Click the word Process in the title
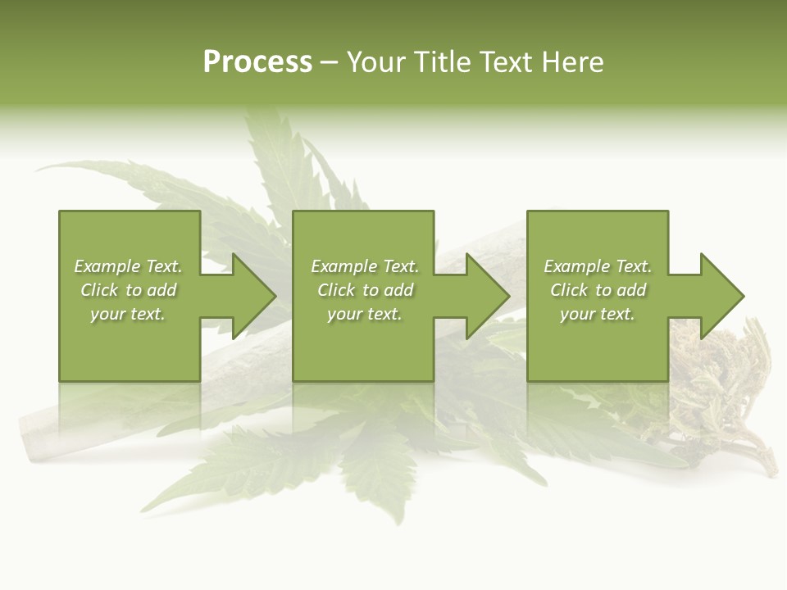coord(257,62)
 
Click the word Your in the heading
coord(377,62)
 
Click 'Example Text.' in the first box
coord(129,266)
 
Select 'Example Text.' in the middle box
coord(365,266)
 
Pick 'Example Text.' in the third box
coord(598,266)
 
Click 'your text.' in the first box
coord(128,314)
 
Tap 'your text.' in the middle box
coord(365,314)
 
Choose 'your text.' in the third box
coord(598,314)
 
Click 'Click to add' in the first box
coord(129,290)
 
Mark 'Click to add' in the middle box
coord(365,290)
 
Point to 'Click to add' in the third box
coord(598,290)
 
